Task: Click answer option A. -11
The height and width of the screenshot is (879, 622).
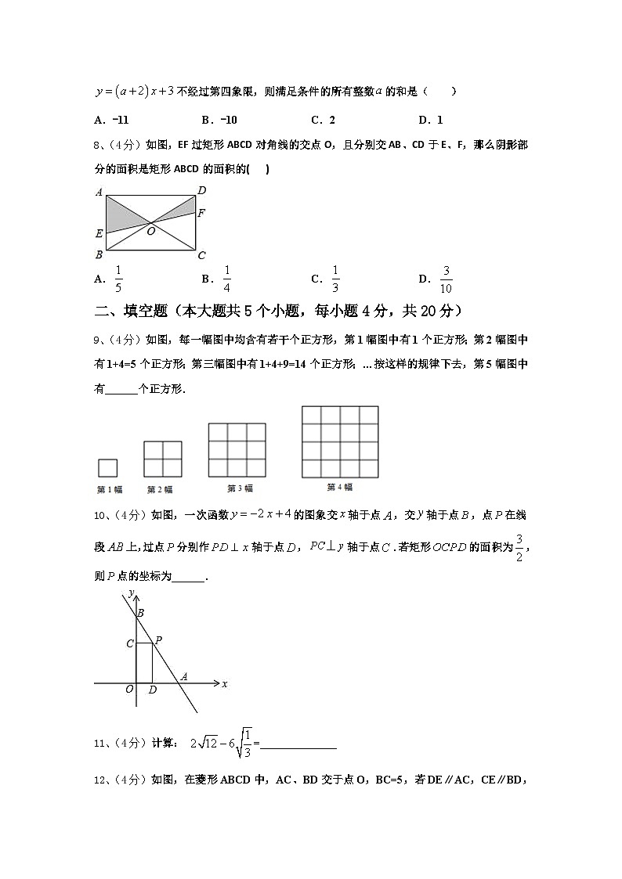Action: (110, 120)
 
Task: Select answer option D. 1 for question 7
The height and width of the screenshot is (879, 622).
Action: (431, 120)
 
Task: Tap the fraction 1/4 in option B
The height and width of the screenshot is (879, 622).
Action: (226, 279)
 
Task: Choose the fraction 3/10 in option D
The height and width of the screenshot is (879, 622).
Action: (447, 279)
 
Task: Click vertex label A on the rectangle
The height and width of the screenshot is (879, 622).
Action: (99, 192)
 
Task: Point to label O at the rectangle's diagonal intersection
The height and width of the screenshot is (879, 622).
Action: (150, 232)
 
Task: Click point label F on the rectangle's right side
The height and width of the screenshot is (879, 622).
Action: (201, 212)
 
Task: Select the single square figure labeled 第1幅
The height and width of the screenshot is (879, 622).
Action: (107, 467)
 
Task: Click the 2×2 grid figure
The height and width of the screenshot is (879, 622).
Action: (163, 459)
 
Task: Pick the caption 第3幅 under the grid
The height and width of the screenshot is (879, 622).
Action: (240, 488)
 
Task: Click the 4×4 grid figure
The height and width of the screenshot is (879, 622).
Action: (340, 441)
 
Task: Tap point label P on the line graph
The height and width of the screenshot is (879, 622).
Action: (158, 639)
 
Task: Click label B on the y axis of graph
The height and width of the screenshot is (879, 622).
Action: (140, 613)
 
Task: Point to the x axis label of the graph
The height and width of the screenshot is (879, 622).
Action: (225, 684)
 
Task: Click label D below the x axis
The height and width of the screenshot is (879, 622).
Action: (152, 690)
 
